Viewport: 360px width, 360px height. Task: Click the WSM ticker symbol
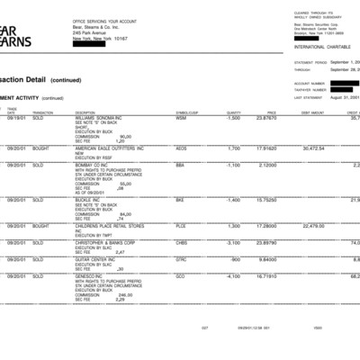[x=181, y=118]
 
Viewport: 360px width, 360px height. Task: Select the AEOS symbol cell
[x=182, y=148]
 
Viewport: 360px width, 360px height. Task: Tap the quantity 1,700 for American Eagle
[x=234, y=148]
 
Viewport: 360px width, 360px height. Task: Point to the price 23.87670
[x=265, y=118]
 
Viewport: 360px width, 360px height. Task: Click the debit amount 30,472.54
[x=313, y=148]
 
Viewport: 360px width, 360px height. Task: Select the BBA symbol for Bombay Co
[x=180, y=165]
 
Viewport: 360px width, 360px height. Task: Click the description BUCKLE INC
[x=90, y=200]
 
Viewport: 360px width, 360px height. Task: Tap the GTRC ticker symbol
[x=181, y=259]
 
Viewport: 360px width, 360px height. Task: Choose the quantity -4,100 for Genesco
[x=233, y=276]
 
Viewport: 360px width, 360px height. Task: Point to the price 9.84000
[x=267, y=259]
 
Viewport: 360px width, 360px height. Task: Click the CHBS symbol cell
[x=182, y=243]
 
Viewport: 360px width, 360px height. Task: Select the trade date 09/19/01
[x=16, y=118]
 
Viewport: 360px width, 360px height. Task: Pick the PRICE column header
[x=271, y=112]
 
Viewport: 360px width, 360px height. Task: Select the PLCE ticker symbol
[x=181, y=226]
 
